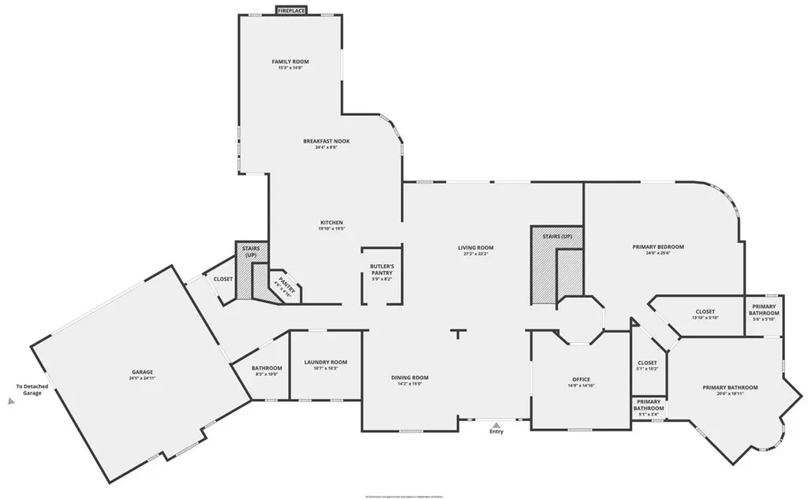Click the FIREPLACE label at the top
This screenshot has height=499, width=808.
(292, 10)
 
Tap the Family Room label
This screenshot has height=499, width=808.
(290, 61)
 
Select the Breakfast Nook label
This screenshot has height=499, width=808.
(326, 141)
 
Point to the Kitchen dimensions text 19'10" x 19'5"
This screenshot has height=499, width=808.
(331, 229)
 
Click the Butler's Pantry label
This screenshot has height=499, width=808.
(382, 269)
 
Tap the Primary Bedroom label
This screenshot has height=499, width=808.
(658, 247)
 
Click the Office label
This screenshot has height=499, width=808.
(581, 379)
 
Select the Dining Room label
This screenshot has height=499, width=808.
(410, 378)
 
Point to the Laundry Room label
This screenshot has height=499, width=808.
(325, 363)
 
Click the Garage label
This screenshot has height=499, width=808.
(142, 372)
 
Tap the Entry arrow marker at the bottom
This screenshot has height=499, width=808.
(496, 423)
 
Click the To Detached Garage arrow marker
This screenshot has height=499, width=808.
(11, 400)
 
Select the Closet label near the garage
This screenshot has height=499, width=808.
(223, 279)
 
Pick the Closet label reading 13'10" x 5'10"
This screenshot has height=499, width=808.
(705, 311)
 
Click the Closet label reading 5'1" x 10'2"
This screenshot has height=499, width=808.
(647, 363)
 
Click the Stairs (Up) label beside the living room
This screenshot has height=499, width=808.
(557, 236)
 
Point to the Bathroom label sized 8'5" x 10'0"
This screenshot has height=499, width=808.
(267, 368)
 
